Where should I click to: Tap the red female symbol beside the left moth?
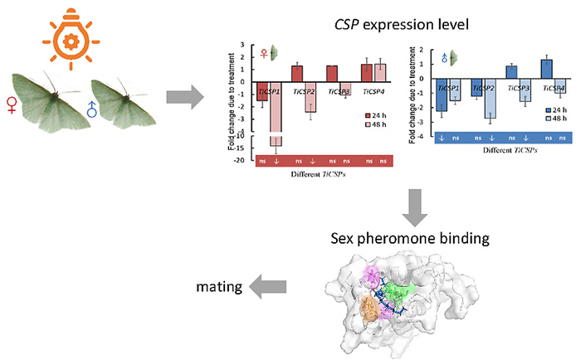pyautogui.click(x=13, y=107)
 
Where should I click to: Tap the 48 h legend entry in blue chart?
pyautogui.click(x=553, y=118)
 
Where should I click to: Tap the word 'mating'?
pyautogui.click(x=219, y=287)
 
